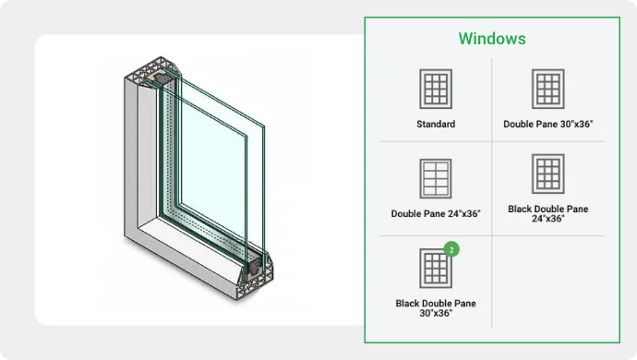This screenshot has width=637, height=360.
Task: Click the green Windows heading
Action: pyautogui.click(x=492, y=39)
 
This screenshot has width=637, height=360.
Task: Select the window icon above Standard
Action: pyautogui.click(x=436, y=89)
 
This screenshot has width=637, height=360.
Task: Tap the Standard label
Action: pyautogui.click(x=436, y=124)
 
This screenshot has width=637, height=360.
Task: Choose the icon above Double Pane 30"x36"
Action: pyautogui.click(x=548, y=89)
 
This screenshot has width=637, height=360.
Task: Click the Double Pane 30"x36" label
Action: pyautogui.click(x=548, y=124)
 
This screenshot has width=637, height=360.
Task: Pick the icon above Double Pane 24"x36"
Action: pyautogui.click(x=436, y=178)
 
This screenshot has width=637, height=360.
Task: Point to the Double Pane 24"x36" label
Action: pyautogui.click(x=436, y=214)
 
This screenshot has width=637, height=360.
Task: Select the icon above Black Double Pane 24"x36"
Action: pyautogui.click(x=548, y=174)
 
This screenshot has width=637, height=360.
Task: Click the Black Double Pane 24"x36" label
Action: pyautogui.click(x=548, y=214)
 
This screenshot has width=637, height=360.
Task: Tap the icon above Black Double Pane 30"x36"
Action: pyautogui.click(x=436, y=269)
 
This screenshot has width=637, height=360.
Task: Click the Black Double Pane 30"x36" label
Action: pyautogui.click(x=436, y=308)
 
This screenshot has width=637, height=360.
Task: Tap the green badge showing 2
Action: pyautogui.click(x=451, y=249)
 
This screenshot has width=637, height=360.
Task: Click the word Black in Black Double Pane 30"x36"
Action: pyautogui.click(x=408, y=303)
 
